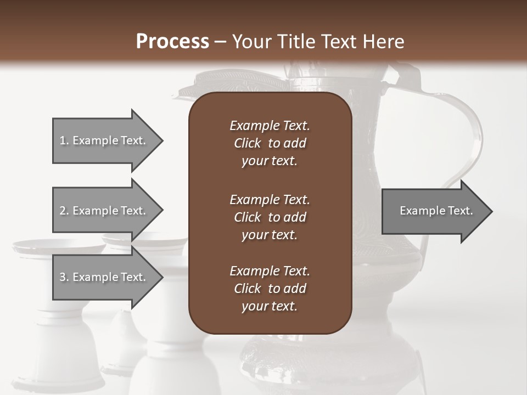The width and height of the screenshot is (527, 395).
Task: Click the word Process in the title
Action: [172, 42]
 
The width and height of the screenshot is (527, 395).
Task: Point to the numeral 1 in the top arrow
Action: [63, 140]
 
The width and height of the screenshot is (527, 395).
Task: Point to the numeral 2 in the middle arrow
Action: [63, 211]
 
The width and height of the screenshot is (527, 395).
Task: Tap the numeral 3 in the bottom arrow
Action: [63, 277]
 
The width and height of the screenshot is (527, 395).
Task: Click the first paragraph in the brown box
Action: [270, 143]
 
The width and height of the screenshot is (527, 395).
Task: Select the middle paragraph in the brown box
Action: [270, 217]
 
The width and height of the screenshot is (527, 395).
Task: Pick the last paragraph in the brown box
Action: [270, 289]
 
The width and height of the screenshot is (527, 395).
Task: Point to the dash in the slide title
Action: [220, 42]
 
